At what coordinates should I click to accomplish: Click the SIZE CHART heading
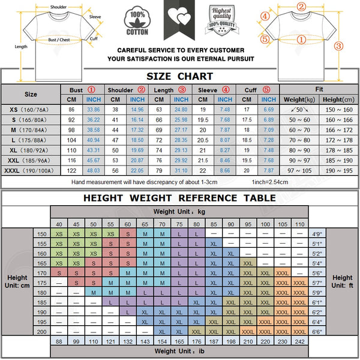180,76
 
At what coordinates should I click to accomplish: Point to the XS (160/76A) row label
31,110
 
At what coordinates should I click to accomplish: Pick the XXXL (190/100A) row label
31,171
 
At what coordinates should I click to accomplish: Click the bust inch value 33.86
94,110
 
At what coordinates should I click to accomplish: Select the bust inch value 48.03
94,171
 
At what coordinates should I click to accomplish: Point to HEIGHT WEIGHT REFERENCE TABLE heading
180,197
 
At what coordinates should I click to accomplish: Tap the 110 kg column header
299,224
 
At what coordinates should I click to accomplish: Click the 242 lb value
299,341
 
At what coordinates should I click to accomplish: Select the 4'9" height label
317,234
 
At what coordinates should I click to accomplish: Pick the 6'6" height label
317,331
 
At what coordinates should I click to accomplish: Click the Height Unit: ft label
343,282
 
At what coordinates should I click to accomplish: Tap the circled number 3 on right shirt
338,46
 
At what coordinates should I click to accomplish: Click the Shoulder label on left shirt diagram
58,7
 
